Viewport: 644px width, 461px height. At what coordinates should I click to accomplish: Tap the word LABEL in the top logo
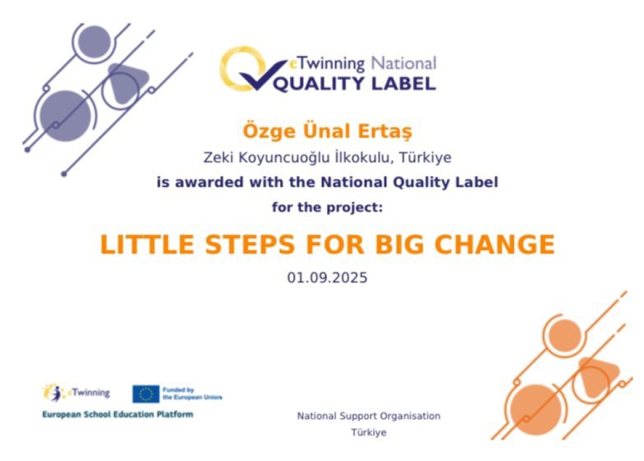pos(403,84)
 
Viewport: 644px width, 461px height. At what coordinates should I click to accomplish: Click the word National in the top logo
pos(403,64)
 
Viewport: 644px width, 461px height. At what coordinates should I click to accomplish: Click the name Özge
pos(269,131)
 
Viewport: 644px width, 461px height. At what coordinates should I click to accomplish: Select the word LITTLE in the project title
pos(147,245)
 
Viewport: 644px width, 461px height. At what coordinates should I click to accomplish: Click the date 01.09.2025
pos(327,278)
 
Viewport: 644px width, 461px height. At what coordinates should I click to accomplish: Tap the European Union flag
pos(146,394)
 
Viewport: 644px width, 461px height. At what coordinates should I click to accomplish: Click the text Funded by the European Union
pos(192,394)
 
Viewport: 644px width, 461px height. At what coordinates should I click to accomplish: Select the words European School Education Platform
pos(118,414)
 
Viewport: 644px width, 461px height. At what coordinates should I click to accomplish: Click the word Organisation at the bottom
pos(410,416)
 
